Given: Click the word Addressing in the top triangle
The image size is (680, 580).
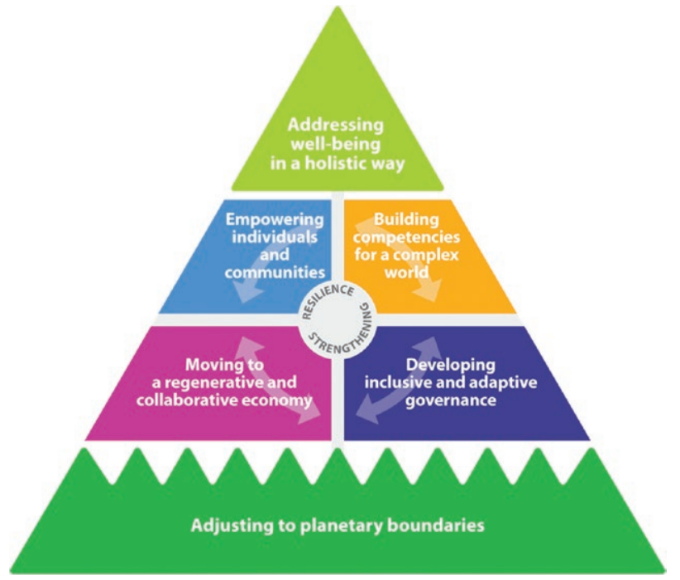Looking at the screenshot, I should (x=336, y=126).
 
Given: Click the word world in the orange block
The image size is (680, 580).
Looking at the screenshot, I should (x=410, y=271).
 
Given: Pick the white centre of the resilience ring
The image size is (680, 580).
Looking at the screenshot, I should (x=338, y=319).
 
